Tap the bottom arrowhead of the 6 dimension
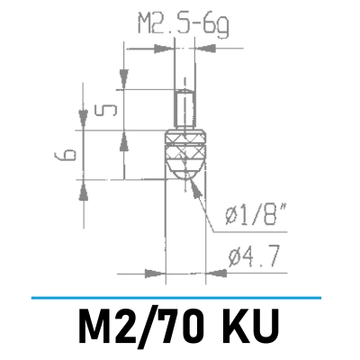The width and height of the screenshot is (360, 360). [85, 185]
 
